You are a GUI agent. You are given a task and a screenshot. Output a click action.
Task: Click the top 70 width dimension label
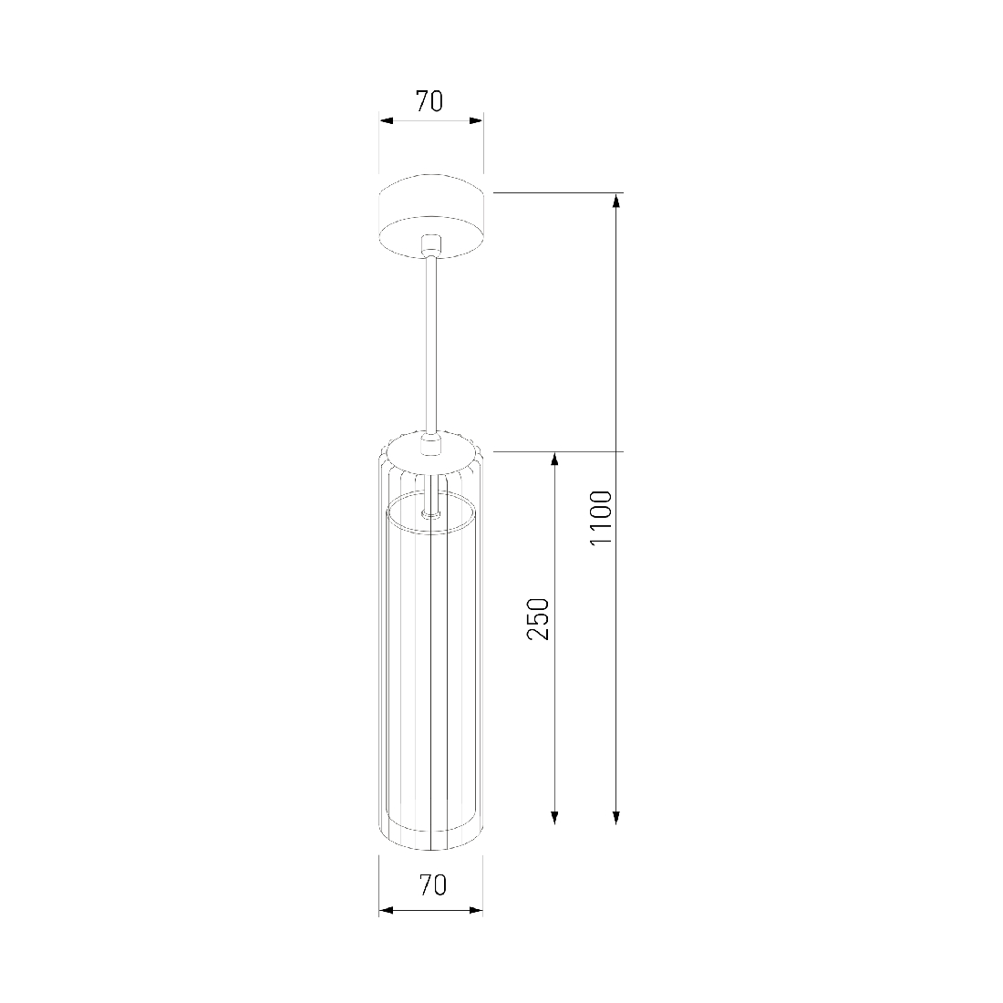pos(429,101)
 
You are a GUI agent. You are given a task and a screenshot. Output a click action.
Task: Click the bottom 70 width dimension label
pos(432,884)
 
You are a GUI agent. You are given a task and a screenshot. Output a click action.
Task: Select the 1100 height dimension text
pos(601,518)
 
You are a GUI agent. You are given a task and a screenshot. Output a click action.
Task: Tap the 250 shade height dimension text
pos(538,618)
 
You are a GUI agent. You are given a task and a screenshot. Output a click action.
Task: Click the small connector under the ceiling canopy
pos(432,245)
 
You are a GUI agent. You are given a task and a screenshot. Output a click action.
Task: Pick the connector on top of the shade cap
pos(431,444)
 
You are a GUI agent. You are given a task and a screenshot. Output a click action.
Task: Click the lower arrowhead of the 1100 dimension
pos(616,817)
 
